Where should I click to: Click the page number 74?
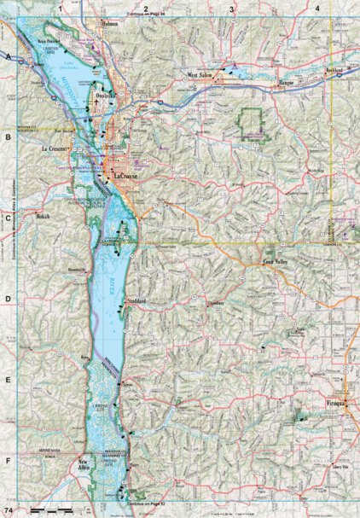[x=8, y=509]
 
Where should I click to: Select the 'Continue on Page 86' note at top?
[x=146, y=15]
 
